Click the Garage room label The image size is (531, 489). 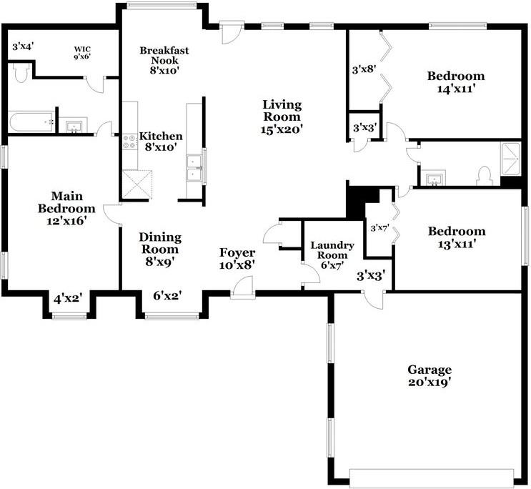pos(430,375)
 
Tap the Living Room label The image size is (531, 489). pos(282,117)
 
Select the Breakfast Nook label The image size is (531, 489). pos(164,60)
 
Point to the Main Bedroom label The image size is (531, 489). pos(66,208)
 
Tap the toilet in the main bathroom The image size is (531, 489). pos(21,73)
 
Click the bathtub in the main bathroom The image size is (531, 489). pos(31,122)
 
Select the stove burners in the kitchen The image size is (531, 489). pos(129,142)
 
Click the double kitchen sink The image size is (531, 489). pos(194,167)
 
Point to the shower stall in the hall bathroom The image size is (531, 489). pos(510,159)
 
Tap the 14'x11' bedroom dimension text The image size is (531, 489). pos(456,89)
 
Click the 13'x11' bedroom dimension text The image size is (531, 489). pos(457,244)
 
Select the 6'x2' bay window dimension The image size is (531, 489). pos(168,296)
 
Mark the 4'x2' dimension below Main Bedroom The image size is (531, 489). pos(69,299)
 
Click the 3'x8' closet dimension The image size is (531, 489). pos(364,70)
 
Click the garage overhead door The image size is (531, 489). pos(432,478)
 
